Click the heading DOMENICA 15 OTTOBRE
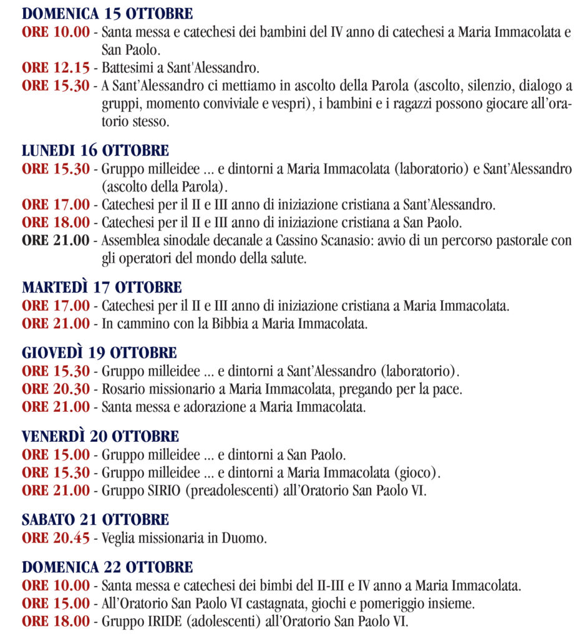click(x=107, y=14)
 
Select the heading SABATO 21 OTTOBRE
click(x=95, y=519)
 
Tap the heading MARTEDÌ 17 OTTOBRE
click(x=102, y=288)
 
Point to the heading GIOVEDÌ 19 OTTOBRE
click(x=99, y=353)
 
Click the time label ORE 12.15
click(x=56, y=67)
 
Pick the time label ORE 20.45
click(x=56, y=538)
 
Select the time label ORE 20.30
click(x=56, y=389)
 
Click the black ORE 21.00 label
click(x=56, y=240)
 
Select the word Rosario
click(x=122, y=389)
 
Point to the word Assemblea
click(x=129, y=240)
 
